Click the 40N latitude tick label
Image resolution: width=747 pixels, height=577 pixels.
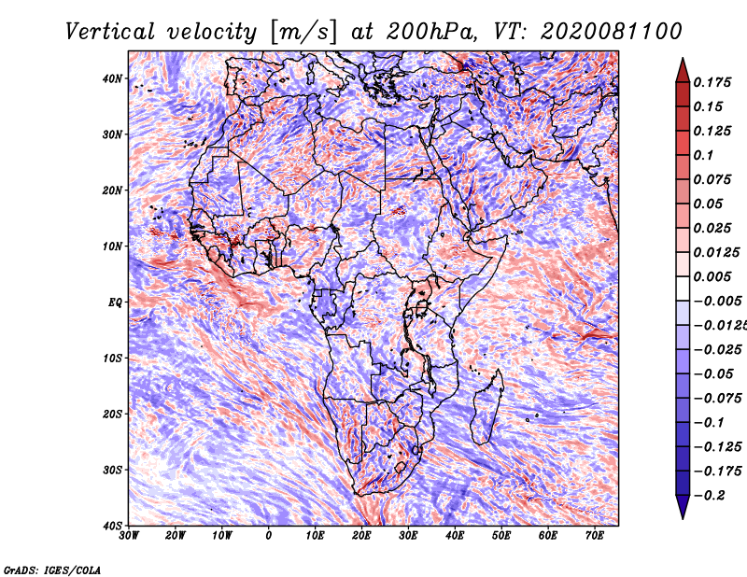pos(112,78)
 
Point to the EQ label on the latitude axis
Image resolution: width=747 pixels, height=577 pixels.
pos(115,303)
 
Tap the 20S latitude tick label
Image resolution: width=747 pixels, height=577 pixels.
pos(112,414)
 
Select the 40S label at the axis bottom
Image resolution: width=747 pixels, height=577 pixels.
pos(112,526)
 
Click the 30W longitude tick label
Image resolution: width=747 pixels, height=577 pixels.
pos(129,536)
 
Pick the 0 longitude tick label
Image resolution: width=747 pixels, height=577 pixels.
pos(269,536)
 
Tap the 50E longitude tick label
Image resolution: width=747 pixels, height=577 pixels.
pos(501,536)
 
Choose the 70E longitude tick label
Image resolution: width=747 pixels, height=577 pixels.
pos(595,536)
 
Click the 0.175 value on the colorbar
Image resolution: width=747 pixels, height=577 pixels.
pos(712,82)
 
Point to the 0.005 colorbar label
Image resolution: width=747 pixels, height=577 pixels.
pos(712,276)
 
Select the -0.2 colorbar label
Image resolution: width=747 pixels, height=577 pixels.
pos(710,495)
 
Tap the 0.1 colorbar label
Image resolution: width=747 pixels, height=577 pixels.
pos(703,155)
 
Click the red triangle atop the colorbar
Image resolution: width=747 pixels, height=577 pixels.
pos(683,71)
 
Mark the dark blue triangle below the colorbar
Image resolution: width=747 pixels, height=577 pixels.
pos(683,507)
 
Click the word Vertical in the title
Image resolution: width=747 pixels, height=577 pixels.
pos(110,32)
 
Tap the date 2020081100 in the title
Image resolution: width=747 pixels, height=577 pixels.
pos(612,32)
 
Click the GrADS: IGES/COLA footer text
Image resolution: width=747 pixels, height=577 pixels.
pos(52,570)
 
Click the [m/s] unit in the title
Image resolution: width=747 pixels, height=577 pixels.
pos(304,33)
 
